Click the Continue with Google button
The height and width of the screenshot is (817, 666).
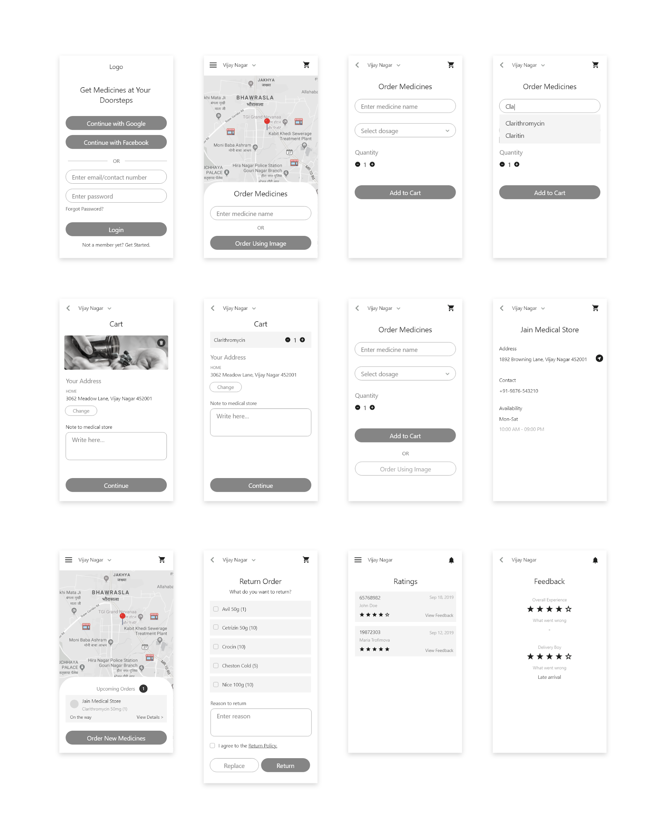[116, 124]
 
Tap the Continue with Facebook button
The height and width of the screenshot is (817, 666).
[116, 142]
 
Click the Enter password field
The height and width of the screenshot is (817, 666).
[116, 196]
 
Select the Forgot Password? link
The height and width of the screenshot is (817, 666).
[84, 209]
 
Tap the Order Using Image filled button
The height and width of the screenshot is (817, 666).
[260, 243]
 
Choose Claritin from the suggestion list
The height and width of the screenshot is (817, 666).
[514, 136]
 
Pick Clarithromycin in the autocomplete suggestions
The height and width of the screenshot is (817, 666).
[524, 124]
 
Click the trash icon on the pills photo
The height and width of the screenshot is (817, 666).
[161, 342]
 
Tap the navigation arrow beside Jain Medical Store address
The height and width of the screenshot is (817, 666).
[599, 358]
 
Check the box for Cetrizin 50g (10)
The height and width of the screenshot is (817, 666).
[216, 627]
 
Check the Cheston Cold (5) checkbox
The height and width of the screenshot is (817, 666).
[216, 665]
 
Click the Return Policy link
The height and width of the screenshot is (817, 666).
[262, 746]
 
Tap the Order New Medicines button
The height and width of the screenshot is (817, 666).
[116, 738]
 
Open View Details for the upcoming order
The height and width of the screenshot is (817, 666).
[150, 717]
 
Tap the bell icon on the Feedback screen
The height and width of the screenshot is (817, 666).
[595, 560]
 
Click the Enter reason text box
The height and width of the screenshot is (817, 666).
[260, 722]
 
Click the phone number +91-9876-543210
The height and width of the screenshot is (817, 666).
[518, 391]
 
